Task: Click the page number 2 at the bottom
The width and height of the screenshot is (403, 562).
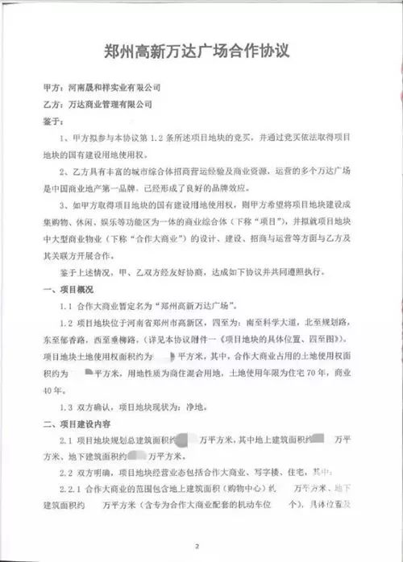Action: coord(206,547)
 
